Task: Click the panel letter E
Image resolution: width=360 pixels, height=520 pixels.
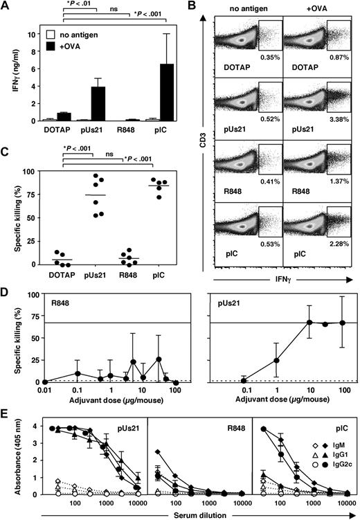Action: coord(6,418)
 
